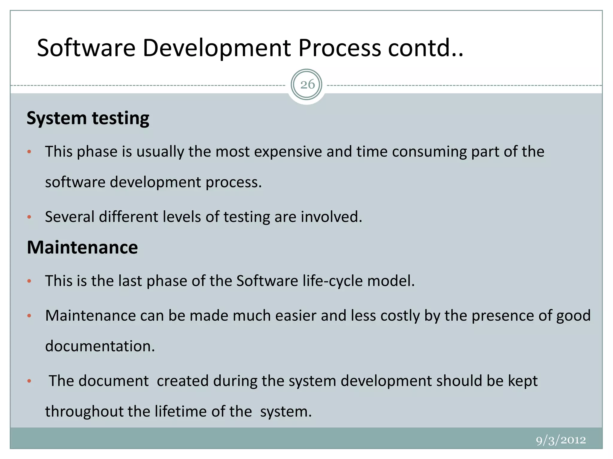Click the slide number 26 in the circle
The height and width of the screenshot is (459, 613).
pyautogui.click(x=307, y=85)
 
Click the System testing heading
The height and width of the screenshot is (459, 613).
pyautogui.click(x=88, y=118)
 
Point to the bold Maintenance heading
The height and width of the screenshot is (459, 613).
pyautogui.click(x=82, y=247)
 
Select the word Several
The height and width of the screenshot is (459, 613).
pyautogui.click(x=70, y=217)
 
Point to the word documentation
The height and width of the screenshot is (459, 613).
pyautogui.click(x=100, y=346)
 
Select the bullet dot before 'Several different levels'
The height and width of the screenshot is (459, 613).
pyautogui.click(x=29, y=217)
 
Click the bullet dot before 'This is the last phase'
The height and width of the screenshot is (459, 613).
pyautogui.click(x=29, y=281)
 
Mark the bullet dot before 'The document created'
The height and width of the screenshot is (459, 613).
pyautogui.click(x=29, y=381)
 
